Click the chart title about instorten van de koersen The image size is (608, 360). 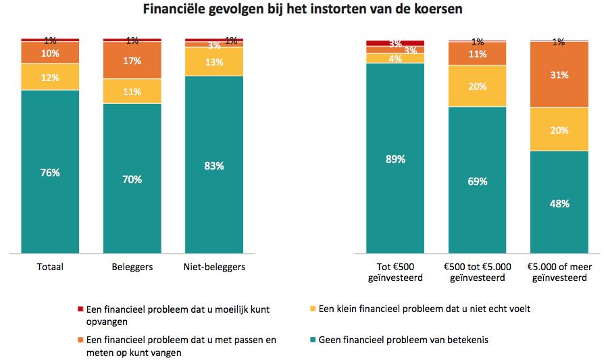(303, 10)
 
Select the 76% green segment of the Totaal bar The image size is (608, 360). (50, 172)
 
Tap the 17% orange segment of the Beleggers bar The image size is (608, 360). (132, 61)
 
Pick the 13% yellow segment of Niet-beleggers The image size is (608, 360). (214, 62)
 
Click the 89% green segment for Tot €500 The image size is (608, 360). (395, 159)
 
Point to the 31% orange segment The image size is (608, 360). (559, 74)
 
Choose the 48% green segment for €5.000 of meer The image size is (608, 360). (559, 203)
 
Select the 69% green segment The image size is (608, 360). (477, 181)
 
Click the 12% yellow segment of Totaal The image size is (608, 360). (50, 77)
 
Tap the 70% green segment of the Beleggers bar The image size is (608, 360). (132, 179)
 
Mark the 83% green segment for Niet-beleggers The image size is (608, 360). (214, 165)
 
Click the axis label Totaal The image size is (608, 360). (50, 267)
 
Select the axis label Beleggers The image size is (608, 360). (132, 267)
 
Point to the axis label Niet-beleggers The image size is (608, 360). (214, 267)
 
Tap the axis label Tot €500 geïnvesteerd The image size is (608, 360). (395, 272)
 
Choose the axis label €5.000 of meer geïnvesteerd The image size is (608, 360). (559, 272)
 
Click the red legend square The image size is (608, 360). (80, 309)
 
